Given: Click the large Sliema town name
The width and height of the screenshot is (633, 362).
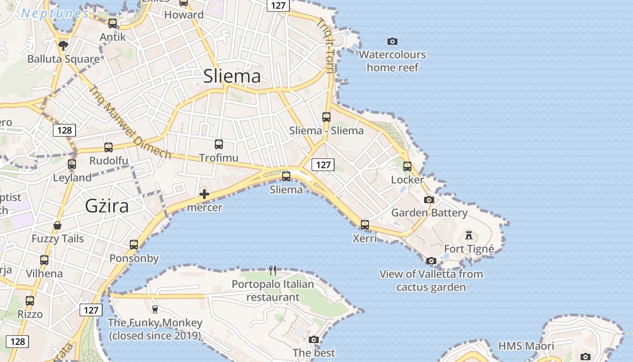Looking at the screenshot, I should [232, 76].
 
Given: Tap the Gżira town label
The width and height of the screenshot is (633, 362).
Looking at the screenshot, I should [107, 206].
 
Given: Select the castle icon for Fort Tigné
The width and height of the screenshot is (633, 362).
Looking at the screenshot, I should [469, 235].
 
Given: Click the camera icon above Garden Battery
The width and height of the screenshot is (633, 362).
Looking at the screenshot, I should [429, 200].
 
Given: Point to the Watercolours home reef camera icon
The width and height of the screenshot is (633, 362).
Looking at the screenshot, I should [392, 42].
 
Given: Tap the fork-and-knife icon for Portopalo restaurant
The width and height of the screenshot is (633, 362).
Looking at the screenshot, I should [273, 271].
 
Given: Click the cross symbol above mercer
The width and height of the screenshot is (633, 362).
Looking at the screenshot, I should [204, 195].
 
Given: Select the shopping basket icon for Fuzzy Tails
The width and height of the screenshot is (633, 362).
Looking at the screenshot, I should [57, 225].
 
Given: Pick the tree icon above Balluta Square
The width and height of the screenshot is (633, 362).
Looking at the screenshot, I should [63, 45].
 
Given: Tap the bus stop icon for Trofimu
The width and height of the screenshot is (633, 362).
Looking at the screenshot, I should [219, 144].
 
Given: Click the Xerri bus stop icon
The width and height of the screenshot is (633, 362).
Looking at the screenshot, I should [365, 224].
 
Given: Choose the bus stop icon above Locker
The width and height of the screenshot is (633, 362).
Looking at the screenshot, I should [407, 167].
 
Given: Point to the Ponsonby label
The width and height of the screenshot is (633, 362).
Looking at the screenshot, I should [134, 259].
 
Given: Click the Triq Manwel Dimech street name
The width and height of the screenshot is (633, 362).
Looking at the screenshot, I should [130, 122].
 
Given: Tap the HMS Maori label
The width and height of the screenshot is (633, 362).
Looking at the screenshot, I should [526, 346].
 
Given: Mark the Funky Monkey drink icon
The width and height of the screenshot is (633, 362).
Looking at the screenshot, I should [155, 309].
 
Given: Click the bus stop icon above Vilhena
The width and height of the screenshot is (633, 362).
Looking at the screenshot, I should [44, 260].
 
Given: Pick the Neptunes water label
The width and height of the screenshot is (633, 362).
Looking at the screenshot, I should [55, 14].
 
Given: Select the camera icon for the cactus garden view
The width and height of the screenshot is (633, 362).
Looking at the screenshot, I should [431, 261].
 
